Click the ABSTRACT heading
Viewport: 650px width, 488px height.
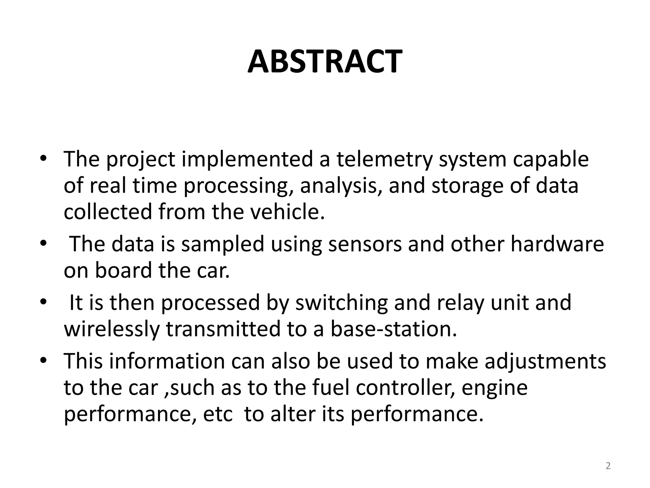click(325, 62)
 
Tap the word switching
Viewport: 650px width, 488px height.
click(342, 302)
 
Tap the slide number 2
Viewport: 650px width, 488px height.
click(608, 466)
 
